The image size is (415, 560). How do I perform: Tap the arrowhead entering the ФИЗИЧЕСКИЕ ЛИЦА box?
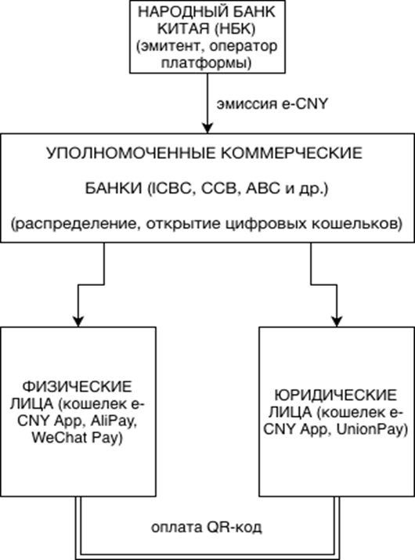click(76, 320)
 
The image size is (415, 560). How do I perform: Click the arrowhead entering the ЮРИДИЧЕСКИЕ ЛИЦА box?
click(337, 320)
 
